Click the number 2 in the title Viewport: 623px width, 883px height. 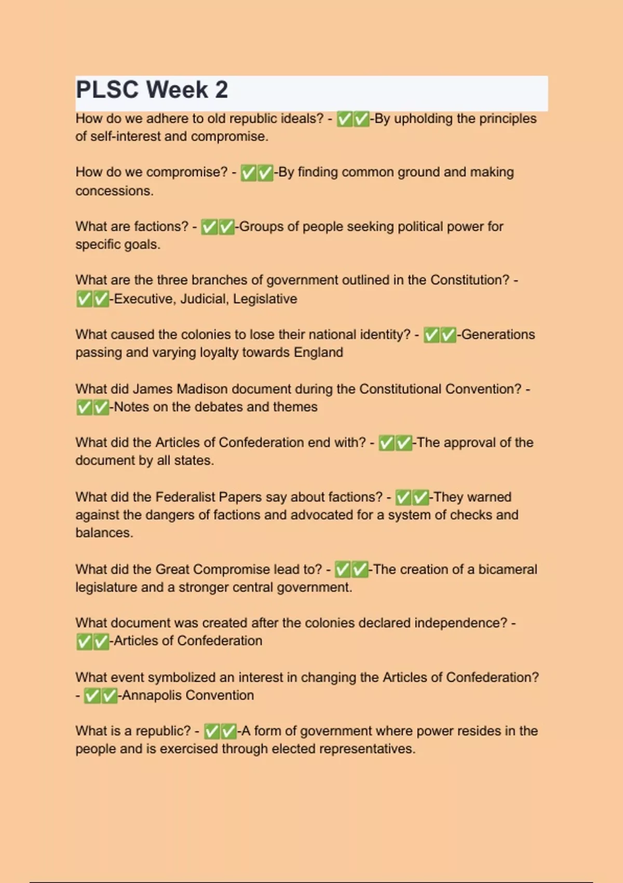[x=221, y=90]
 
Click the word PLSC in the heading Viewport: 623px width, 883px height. [x=107, y=90]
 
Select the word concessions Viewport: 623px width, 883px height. [x=114, y=191]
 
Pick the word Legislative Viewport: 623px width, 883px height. [x=265, y=299]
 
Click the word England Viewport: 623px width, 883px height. [x=318, y=352]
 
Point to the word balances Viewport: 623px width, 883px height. [x=104, y=533]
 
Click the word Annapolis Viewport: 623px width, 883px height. [x=152, y=695]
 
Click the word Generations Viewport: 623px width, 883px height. [x=498, y=335]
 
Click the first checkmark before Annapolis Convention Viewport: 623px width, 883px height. [x=92, y=695]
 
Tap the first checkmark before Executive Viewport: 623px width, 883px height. [x=84, y=299]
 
